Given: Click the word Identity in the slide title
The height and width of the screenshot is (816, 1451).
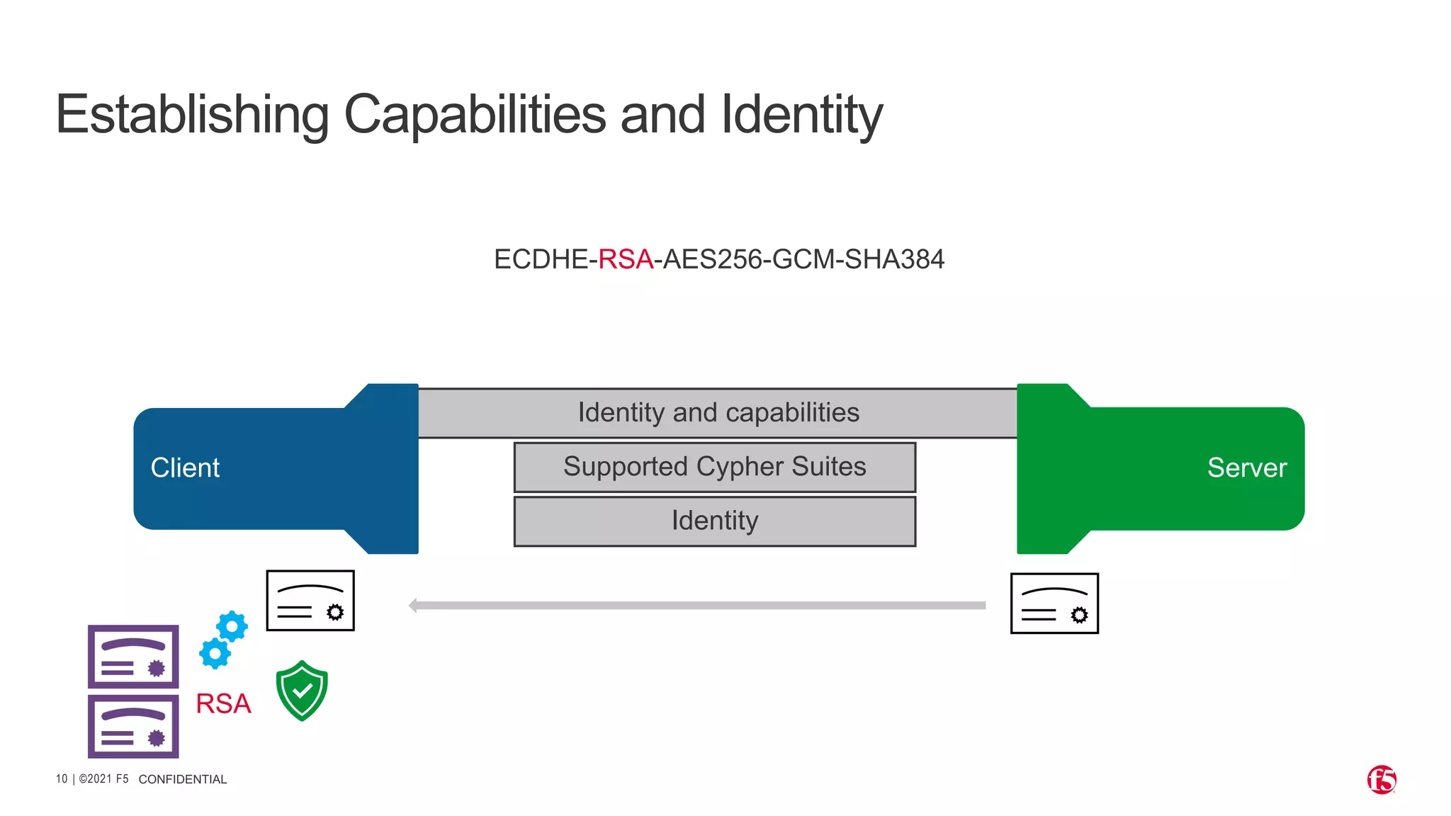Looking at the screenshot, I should tap(801, 114).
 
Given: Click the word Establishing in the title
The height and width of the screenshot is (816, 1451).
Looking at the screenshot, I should tap(192, 114).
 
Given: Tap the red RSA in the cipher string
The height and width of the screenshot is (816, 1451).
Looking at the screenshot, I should tap(626, 259).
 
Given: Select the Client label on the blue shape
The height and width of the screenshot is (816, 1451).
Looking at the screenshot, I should tap(185, 467).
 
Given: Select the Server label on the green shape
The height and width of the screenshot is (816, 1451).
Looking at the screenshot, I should tap(1247, 467).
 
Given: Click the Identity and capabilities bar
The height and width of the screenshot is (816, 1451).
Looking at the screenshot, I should tap(718, 413).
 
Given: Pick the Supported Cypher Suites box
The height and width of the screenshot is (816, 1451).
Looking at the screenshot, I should tap(715, 467).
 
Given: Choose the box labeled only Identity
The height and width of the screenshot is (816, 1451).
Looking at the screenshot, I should tap(715, 521).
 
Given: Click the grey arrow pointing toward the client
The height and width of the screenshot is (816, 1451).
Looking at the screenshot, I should tap(698, 606).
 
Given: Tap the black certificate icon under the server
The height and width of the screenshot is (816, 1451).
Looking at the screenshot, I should tap(1054, 603).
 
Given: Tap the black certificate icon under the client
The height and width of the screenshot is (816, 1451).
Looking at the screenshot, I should tap(310, 601).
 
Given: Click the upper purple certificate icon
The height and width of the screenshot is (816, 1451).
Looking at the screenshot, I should tap(133, 657).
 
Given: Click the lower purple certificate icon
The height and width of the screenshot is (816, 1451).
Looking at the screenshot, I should tap(133, 726).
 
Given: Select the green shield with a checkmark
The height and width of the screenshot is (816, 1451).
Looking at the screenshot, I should tap(302, 691).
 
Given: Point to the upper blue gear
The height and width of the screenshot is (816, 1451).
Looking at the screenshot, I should tap(232, 627).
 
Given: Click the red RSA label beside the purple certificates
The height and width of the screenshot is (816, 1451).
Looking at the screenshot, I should tap(223, 703).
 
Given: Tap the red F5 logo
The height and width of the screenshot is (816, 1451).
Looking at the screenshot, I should tap(1382, 780).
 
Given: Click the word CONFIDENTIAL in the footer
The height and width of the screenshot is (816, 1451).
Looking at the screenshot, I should tap(183, 779).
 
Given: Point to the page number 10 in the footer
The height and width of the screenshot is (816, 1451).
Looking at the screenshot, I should tap(62, 779).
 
